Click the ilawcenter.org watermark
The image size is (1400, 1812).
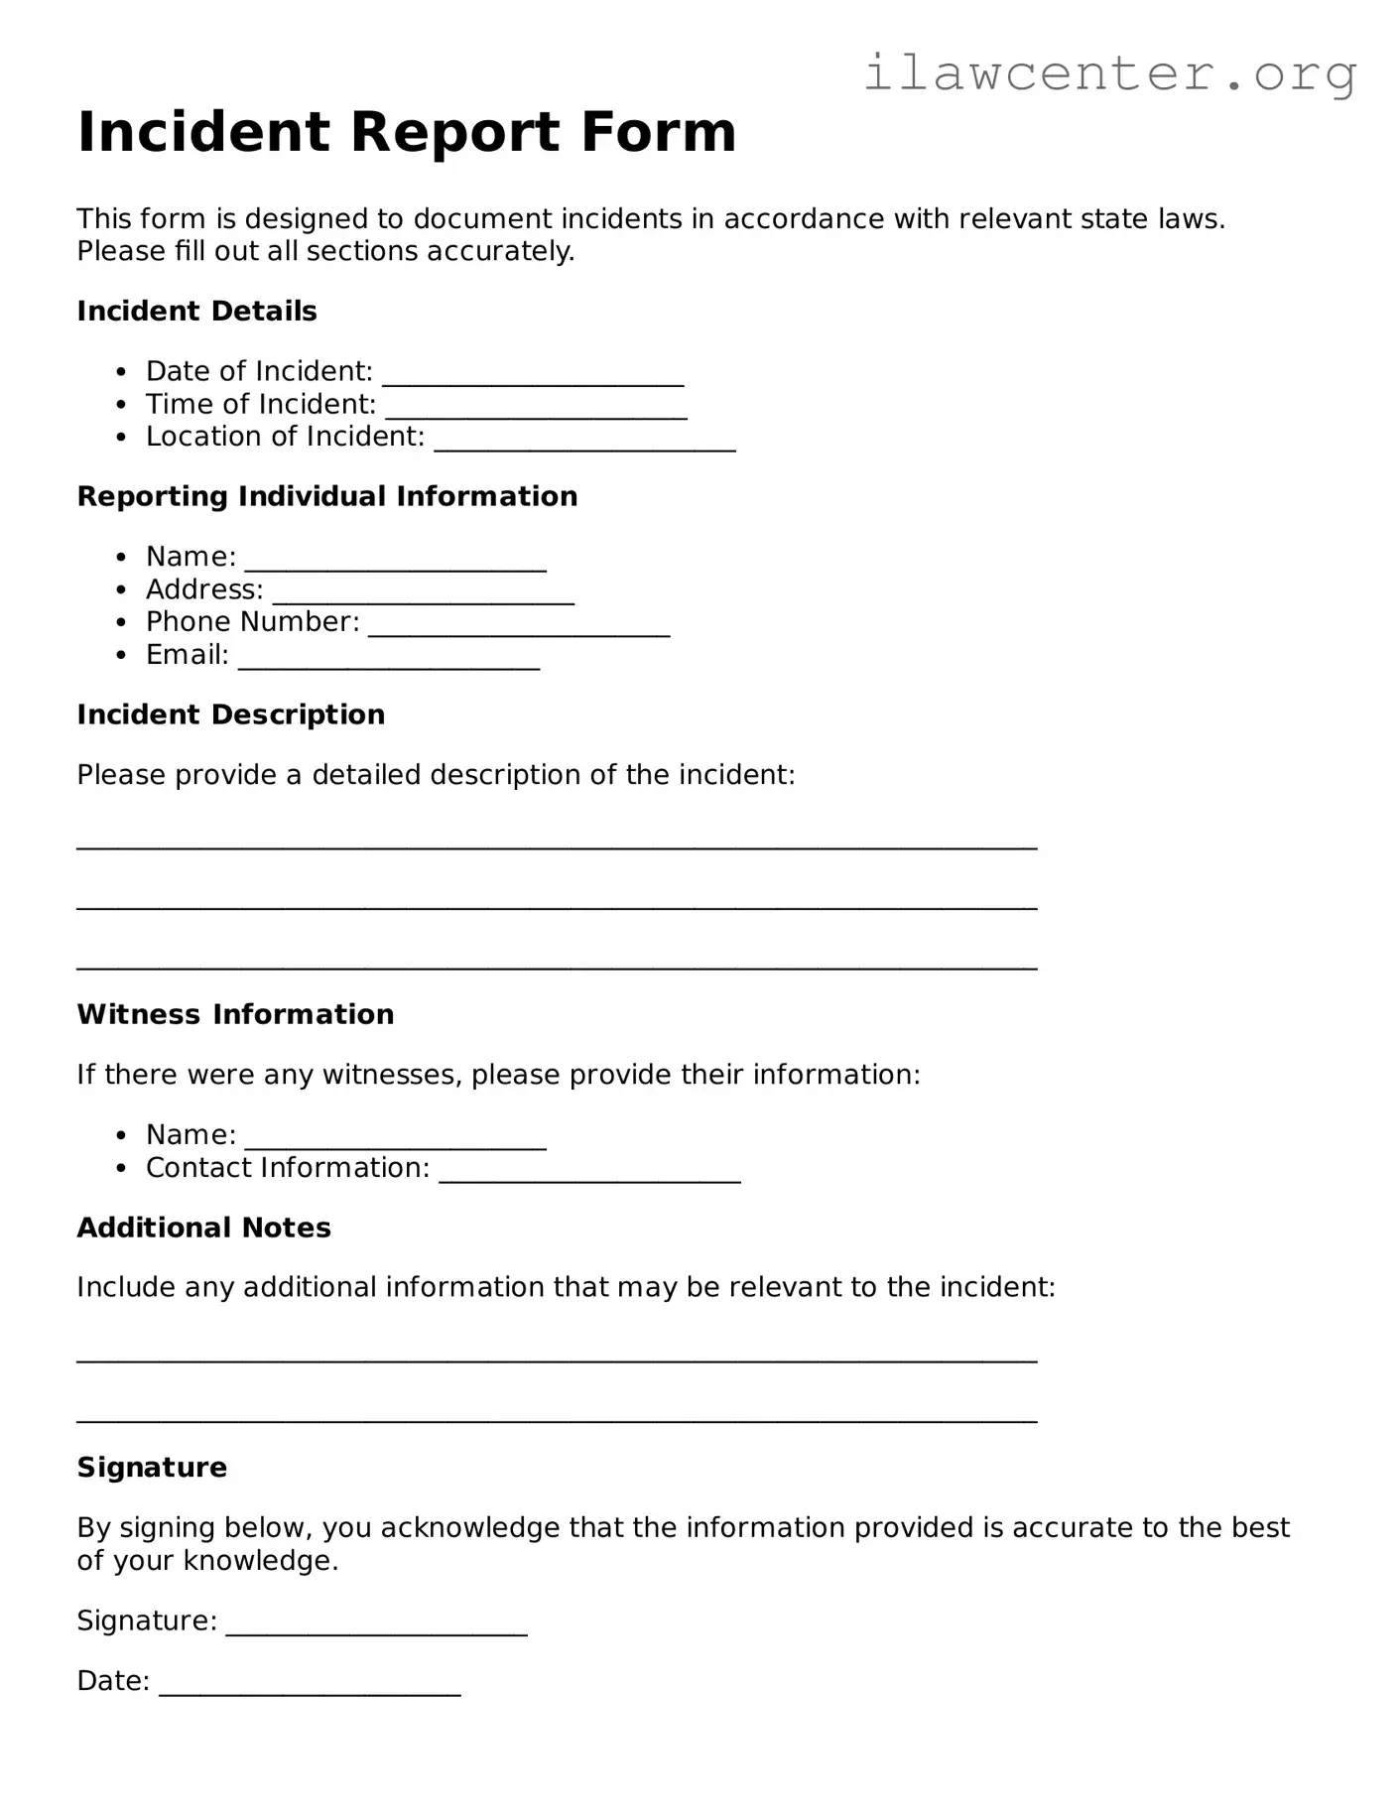[x=1110, y=73]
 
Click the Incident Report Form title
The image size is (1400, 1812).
[x=407, y=132]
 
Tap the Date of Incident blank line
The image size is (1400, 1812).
[x=533, y=380]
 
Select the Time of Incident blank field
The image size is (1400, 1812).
[x=536, y=413]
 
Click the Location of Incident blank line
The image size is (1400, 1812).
[x=585, y=446]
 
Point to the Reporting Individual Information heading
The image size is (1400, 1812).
[x=326, y=496]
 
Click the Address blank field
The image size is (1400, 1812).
[x=424, y=598]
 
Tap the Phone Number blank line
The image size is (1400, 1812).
[x=519, y=631]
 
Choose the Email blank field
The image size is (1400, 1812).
[x=389, y=664]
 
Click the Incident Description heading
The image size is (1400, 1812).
[x=230, y=714]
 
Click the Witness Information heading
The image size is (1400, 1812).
[x=235, y=1014]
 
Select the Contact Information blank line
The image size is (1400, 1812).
[x=589, y=1177]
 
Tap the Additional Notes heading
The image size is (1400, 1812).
[x=203, y=1228]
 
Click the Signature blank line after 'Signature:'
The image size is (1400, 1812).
[x=376, y=1629]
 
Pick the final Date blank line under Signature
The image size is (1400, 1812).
[x=310, y=1690]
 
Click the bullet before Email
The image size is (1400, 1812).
[x=121, y=656]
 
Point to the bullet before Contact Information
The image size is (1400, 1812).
[x=121, y=1169]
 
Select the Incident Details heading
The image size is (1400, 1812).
[x=196, y=311]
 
